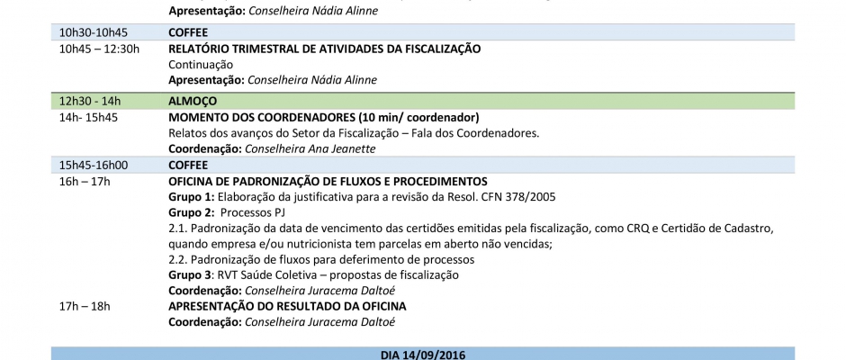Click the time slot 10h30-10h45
93,32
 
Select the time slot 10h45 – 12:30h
99,49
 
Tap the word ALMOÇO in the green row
192,101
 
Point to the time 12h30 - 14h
90,101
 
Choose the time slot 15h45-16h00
94,165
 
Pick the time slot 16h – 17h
85,182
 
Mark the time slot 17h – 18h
85,306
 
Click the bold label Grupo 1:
192,197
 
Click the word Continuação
201,64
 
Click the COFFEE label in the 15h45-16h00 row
188,165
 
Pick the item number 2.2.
179,259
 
